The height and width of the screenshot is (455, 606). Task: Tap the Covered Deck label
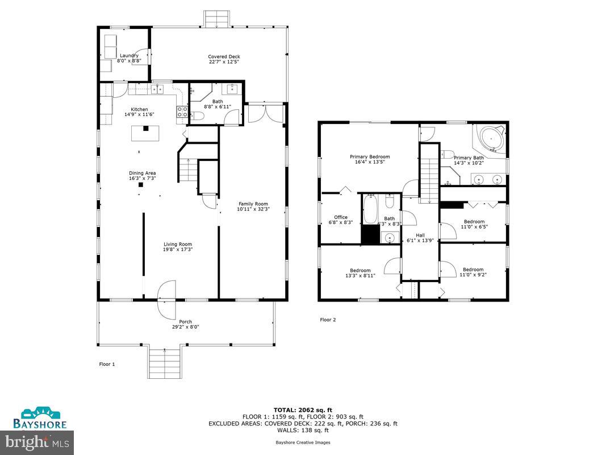click(x=224, y=56)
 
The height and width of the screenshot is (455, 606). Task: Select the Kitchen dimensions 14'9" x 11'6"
click(x=139, y=114)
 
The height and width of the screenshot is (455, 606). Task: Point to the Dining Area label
click(x=142, y=173)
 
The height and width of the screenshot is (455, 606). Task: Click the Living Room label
click(x=178, y=244)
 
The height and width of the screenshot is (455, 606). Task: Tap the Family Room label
click(x=253, y=204)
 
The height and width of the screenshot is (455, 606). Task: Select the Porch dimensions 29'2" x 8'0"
click(x=185, y=326)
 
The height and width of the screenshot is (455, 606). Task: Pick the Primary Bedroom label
click(x=370, y=156)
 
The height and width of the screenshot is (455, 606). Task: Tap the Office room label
click(x=341, y=217)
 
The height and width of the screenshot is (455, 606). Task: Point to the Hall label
click(x=420, y=235)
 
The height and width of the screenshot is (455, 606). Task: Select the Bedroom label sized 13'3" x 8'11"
click(x=360, y=270)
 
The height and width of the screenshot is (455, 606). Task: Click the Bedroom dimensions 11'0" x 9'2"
click(x=474, y=275)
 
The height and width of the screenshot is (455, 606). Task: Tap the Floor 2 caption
click(x=328, y=320)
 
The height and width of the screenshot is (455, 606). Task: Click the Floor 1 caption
click(x=107, y=364)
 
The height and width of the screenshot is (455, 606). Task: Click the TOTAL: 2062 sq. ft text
click(x=303, y=409)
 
